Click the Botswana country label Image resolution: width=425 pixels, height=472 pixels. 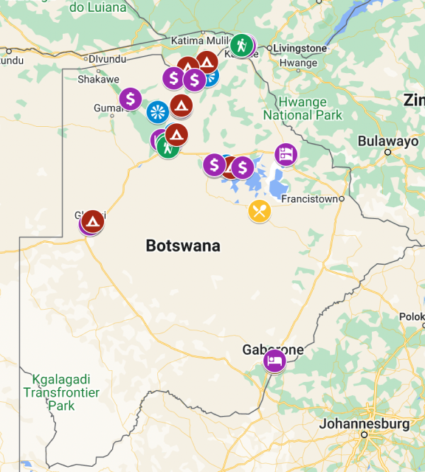click(x=183, y=246)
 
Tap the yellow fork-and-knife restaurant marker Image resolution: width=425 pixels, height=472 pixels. click(x=259, y=212)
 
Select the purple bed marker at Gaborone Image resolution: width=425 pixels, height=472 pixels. click(x=274, y=361)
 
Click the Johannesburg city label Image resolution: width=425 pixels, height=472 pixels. click(x=364, y=424)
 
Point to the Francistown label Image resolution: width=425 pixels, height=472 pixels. click(x=310, y=199)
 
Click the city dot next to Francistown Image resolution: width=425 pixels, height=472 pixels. click(x=342, y=198)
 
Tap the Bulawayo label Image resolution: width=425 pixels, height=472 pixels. click(x=388, y=141)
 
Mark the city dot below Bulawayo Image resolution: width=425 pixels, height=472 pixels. click(x=388, y=152)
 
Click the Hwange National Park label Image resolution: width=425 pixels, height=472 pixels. click(x=303, y=108)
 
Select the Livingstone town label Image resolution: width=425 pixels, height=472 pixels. click(x=300, y=49)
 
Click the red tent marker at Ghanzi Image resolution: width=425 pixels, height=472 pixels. click(x=93, y=221)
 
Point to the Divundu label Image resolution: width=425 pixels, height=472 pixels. click(x=108, y=59)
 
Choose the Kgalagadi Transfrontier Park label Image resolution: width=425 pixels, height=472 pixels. click(x=61, y=393)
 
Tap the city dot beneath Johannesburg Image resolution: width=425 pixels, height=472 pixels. click(x=364, y=435)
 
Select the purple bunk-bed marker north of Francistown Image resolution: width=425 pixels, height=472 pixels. click(x=286, y=154)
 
